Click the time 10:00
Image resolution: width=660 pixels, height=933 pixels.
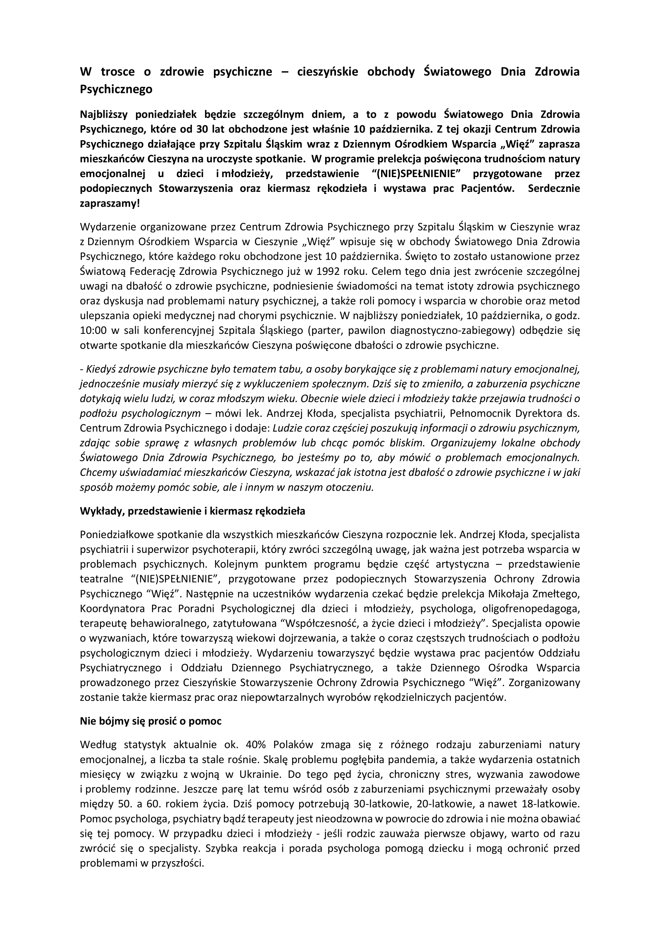(x=93, y=331)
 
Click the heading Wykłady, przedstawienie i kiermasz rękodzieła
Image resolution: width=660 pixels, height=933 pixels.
(x=192, y=511)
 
